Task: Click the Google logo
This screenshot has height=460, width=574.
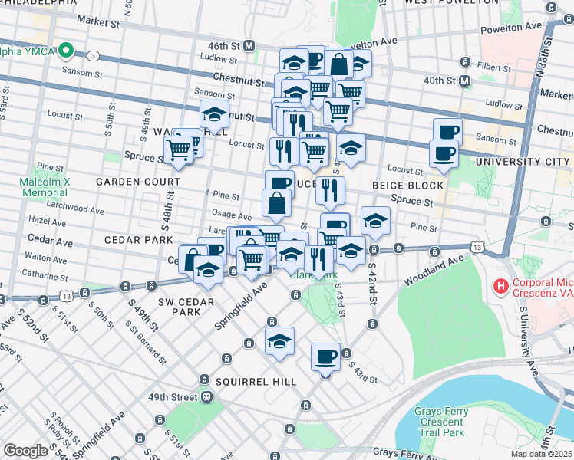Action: click(26, 451)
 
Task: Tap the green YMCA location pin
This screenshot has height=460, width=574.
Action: click(66, 51)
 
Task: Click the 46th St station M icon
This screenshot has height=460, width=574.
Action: click(249, 46)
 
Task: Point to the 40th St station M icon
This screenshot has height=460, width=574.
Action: click(465, 80)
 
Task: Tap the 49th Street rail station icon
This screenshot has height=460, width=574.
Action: click(206, 398)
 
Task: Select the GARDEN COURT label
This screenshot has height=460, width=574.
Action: click(138, 182)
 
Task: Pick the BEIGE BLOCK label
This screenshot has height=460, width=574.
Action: click(407, 186)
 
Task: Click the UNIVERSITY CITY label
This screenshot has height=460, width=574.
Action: click(523, 162)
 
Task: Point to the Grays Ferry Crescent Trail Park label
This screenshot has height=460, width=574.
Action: click(440, 422)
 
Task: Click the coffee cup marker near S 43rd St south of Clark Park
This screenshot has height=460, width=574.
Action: click(325, 356)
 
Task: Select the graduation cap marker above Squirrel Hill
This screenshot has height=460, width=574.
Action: click(280, 341)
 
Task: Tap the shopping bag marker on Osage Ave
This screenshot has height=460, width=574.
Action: click(276, 204)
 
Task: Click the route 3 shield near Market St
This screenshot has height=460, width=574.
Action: click(93, 56)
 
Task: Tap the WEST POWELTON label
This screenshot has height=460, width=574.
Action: click(441, 2)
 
